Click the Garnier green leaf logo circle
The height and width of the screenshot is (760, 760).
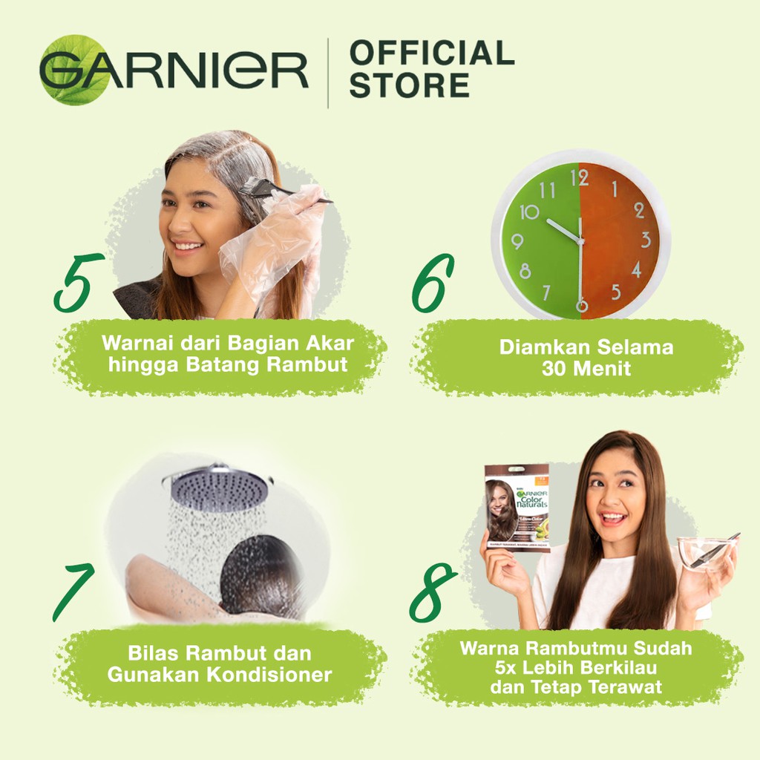tap(74, 69)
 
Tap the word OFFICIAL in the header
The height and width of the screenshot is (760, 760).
tap(431, 53)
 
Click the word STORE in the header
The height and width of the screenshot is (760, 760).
tap(409, 85)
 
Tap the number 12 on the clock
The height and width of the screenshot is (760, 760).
tap(579, 177)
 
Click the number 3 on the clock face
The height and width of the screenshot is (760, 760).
tap(645, 240)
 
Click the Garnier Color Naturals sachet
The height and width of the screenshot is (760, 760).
tap(517, 508)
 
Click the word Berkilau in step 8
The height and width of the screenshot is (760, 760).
tap(615, 668)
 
